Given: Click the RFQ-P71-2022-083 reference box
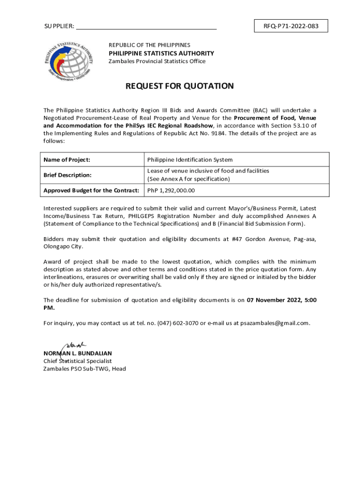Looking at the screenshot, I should click(290, 26).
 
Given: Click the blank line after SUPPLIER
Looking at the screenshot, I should click(146, 27).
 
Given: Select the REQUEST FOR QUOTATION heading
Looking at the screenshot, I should click(180, 86).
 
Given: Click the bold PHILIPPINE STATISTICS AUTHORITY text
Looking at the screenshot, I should click(161, 53).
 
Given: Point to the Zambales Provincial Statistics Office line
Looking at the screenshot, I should click(157, 61).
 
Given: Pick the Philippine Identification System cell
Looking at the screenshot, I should click(190, 160).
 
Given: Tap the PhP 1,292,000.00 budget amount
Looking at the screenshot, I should click(171, 190).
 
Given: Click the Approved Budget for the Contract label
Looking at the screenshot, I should click(91, 190).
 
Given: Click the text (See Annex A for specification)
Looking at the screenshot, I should click(188, 179).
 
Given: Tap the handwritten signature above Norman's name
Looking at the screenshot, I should click(72, 346).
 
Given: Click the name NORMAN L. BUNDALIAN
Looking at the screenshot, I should click(78, 354).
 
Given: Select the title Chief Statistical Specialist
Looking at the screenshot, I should click(78, 361).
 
